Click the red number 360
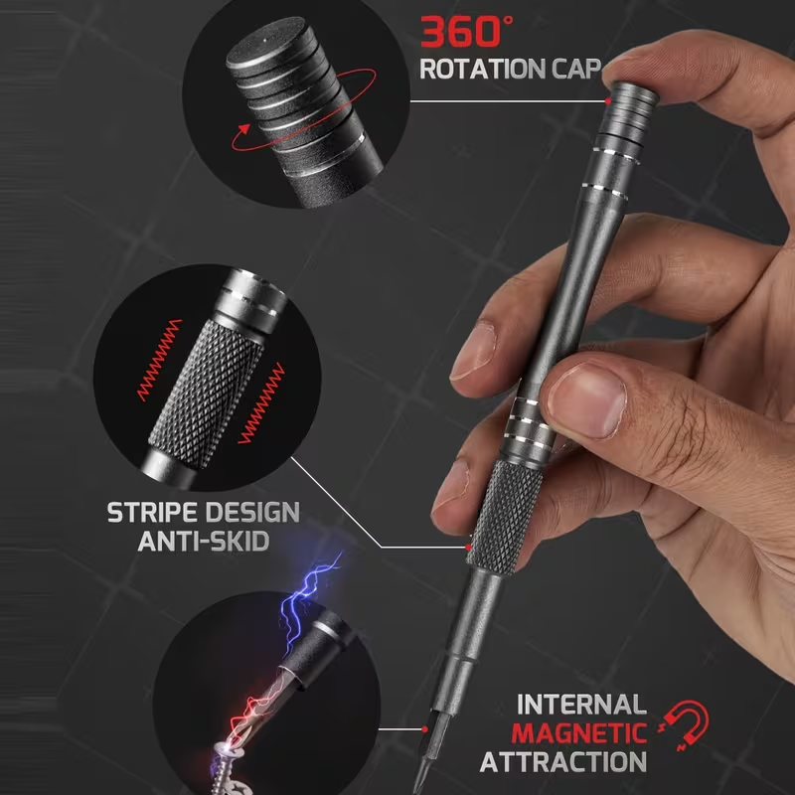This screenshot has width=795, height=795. (460, 32)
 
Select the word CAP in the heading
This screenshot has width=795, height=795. (576, 69)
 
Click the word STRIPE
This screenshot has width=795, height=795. (153, 512)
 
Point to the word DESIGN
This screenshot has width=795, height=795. (252, 512)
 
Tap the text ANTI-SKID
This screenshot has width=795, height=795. (204, 541)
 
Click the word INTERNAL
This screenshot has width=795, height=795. (581, 705)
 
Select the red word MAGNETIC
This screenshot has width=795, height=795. (579, 733)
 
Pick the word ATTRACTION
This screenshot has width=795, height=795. (562, 761)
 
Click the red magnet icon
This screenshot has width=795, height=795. (685, 724)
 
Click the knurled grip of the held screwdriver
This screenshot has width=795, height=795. (505, 517)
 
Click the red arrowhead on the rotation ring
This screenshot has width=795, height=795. (244, 129)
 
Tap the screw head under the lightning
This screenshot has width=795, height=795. (226, 751)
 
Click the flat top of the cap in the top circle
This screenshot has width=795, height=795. (264, 42)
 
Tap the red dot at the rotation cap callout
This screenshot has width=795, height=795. (607, 101)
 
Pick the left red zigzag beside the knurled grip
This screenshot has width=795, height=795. (160, 360)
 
